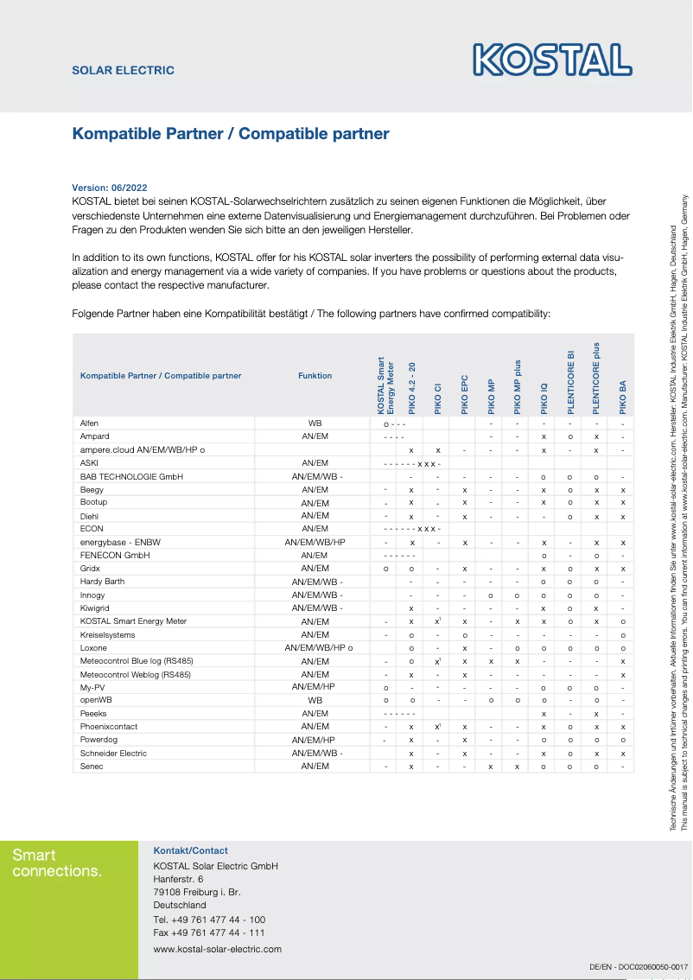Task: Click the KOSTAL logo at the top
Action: (x=552, y=60)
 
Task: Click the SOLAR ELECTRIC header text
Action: (x=123, y=70)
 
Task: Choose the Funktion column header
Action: (x=315, y=376)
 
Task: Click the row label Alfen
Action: (x=89, y=423)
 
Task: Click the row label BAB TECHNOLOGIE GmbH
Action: (x=130, y=476)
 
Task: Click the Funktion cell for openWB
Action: (x=315, y=700)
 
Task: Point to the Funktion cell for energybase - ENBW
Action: (x=315, y=542)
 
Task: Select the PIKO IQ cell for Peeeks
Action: (x=544, y=714)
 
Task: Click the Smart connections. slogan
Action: (x=57, y=863)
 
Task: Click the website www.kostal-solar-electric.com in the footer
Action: (x=217, y=949)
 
